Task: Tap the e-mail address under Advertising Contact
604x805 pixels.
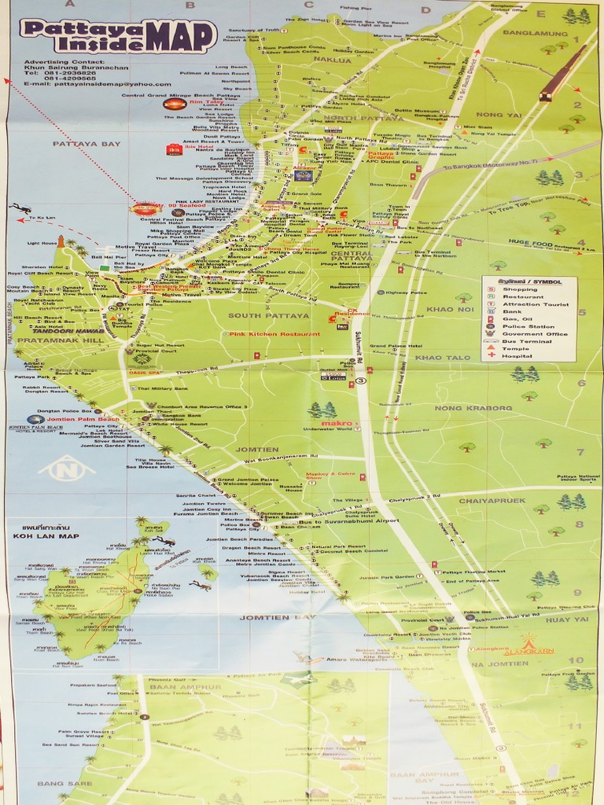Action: point(97,84)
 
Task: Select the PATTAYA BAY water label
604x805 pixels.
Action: point(87,144)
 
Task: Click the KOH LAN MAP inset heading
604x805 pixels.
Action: point(46,536)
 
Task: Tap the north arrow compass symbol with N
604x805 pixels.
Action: point(66,469)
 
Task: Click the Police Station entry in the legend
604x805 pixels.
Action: point(528,326)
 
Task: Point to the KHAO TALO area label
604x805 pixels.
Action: point(442,358)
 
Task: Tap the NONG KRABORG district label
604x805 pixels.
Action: point(473,408)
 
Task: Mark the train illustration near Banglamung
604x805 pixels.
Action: point(563,73)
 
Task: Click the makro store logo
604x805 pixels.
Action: point(337,424)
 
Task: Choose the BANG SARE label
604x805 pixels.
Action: point(59,784)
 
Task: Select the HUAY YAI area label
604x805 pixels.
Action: point(567,619)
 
